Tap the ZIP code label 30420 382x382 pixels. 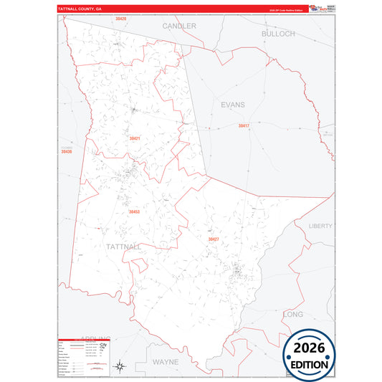coord(120,19)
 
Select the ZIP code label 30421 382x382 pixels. coord(134,138)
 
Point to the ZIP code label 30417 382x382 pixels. coord(244,125)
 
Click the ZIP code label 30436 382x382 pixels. coord(66,152)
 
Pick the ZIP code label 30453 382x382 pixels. coord(134,212)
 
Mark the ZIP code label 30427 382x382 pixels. coord(213,239)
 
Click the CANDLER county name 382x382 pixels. coord(179,26)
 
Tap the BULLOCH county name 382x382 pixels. coord(278,34)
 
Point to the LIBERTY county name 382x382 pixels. coord(320,226)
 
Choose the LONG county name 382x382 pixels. coord(293,315)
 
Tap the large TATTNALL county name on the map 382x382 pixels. coord(123,247)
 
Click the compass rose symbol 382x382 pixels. coord(120,367)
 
